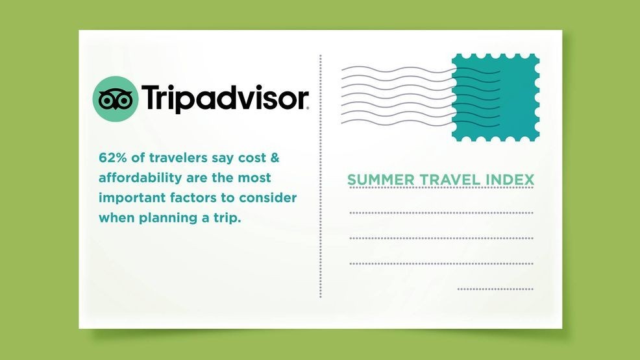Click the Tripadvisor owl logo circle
tap(116, 99)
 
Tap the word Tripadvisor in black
tap(225, 98)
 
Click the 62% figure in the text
tap(113, 158)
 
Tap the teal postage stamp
tap(495, 97)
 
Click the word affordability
tap(140, 178)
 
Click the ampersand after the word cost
tap(275, 158)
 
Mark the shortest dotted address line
tap(495, 289)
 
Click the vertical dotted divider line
tap(321, 176)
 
